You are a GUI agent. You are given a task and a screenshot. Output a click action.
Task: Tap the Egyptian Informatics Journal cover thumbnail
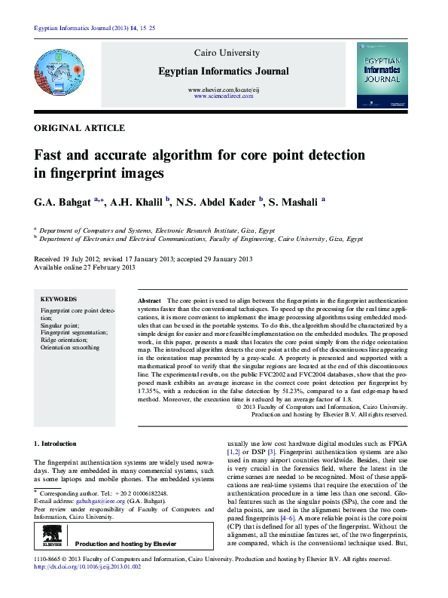[382, 74]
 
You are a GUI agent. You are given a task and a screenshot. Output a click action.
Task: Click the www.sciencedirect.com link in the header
[222, 97]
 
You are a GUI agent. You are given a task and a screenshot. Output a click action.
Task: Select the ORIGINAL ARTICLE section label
[80, 129]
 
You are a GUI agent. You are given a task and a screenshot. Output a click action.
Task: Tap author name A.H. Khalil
[139, 202]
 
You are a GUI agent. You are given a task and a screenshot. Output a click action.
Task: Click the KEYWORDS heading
[58, 299]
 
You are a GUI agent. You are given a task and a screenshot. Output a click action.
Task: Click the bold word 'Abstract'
[150, 301]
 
